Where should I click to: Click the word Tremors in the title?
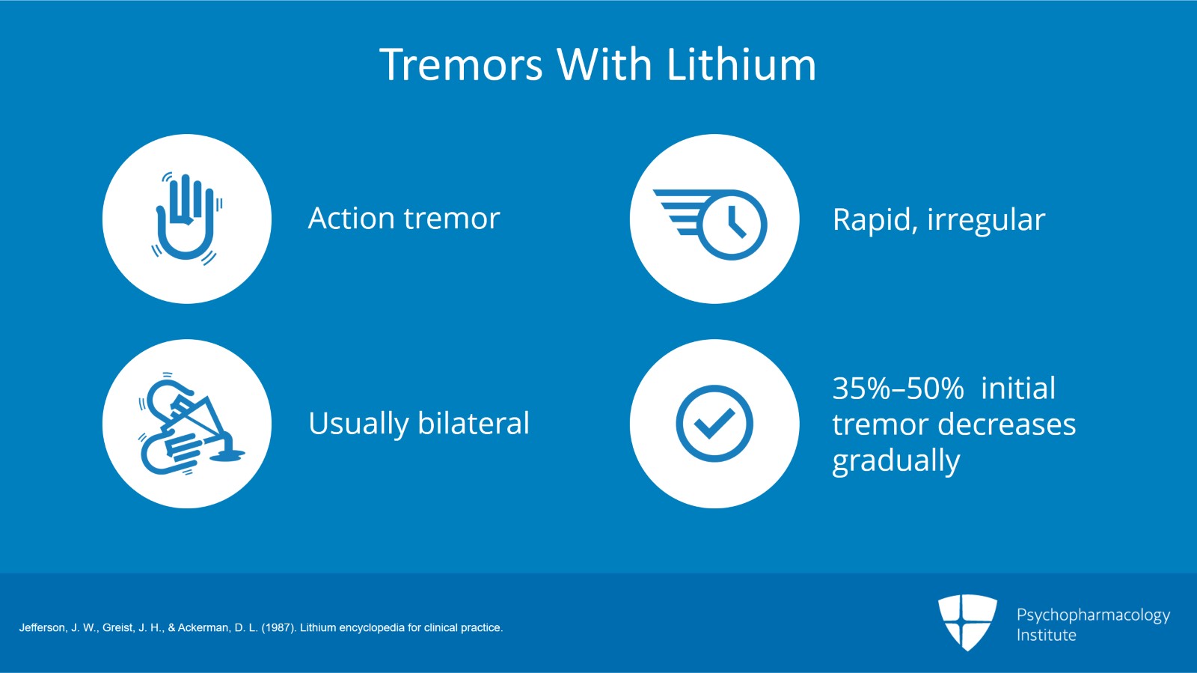[x=461, y=64]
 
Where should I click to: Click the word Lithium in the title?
[x=741, y=64]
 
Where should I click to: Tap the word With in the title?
[x=604, y=64]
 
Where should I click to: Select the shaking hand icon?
[x=187, y=219]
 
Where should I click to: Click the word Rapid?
[x=875, y=220]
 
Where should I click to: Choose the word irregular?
[x=986, y=220]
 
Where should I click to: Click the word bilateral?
[x=474, y=423]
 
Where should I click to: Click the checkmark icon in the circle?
[x=714, y=424]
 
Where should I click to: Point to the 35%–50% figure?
[x=898, y=388]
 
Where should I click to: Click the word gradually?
[x=896, y=461]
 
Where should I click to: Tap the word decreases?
[x=1007, y=424]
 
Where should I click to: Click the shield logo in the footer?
[x=967, y=622]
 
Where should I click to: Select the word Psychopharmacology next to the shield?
[x=1093, y=615]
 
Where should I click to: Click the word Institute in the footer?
[x=1047, y=635]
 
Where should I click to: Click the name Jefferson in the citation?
[x=43, y=627]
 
